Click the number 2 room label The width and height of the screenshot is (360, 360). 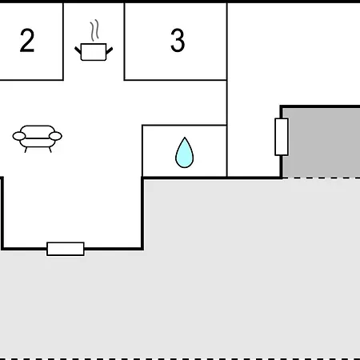pyautogui.click(x=27, y=40)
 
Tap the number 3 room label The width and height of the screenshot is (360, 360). pyautogui.click(x=178, y=40)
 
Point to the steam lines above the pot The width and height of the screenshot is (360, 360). pyautogui.click(x=94, y=30)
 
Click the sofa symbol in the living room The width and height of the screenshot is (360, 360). pyautogui.click(x=38, y=138)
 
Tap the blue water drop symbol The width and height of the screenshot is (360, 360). pyautogui.click(x=185, y=153)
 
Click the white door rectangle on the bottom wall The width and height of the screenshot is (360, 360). pyautogui.click(x=66, y=249)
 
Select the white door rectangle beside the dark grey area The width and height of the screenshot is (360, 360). pyautogui.click(x=282, y=137)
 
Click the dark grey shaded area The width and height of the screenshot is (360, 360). pyautogui.click(x=321, y=142)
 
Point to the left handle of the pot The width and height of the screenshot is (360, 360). pyautogui.click(x=78, y=50)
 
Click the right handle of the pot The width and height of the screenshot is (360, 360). pyautogui.click(x=110, y=50)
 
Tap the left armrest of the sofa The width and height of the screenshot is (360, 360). pyautogui.click(x=19, y=136)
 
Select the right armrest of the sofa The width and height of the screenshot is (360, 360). pyautogui.click(x=55, y=136)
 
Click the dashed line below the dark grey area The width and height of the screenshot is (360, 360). pyautogui.click(x=321, y=178)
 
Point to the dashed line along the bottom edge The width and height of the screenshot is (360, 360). pyautogui.click(x=180, y=358)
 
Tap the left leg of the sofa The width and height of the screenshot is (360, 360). pyautogui.click(x=26, y=150)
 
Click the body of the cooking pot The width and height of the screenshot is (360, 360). pyautogui.click(x=94, y=52)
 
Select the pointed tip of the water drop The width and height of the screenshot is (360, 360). pyautogui.click(x=185, y=138)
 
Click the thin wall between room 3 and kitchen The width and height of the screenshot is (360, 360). pyautogui.click(x=124, y=42)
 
